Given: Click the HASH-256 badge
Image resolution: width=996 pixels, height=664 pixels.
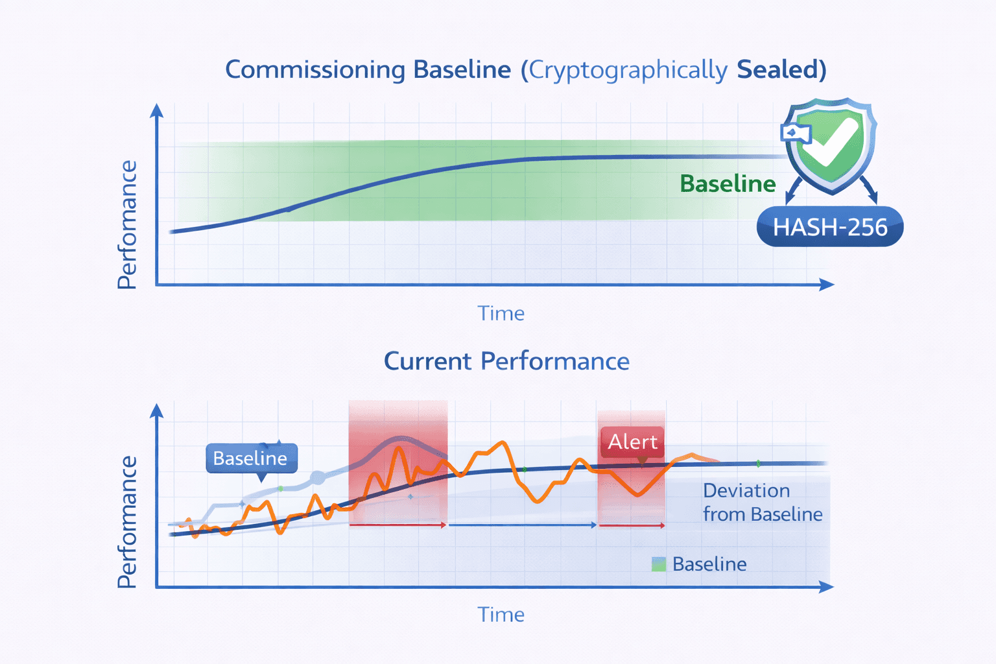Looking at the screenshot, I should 830,227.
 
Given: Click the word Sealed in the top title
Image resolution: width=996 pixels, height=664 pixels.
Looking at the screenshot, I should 781,69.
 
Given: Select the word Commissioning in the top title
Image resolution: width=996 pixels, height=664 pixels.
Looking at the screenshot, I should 315,70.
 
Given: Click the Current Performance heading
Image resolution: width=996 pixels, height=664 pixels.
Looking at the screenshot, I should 506,361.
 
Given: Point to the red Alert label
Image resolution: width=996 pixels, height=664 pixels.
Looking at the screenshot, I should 632,442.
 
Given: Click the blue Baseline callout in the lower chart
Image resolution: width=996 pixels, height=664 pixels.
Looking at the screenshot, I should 251,458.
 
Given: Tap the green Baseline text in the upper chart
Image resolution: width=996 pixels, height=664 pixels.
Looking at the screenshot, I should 728,184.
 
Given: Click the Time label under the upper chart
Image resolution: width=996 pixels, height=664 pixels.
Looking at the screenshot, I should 501,313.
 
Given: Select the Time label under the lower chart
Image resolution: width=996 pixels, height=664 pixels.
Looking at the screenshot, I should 501,614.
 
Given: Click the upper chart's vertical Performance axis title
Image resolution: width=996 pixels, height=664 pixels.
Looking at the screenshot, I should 127,224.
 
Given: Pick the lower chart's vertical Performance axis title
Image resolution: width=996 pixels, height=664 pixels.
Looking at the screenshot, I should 127,522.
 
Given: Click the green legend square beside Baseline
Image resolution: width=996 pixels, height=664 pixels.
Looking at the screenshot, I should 658,564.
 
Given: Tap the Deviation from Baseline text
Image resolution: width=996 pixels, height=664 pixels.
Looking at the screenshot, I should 762,503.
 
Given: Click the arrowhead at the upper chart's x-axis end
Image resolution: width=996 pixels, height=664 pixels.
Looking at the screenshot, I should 827,284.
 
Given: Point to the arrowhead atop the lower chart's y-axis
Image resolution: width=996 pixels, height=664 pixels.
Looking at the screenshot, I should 156,410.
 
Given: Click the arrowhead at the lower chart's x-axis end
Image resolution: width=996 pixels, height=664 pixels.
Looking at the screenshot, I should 827,587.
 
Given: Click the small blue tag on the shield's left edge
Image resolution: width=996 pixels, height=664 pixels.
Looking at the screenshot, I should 795,133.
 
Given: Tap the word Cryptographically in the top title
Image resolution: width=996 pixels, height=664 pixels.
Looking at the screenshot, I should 628,70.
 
